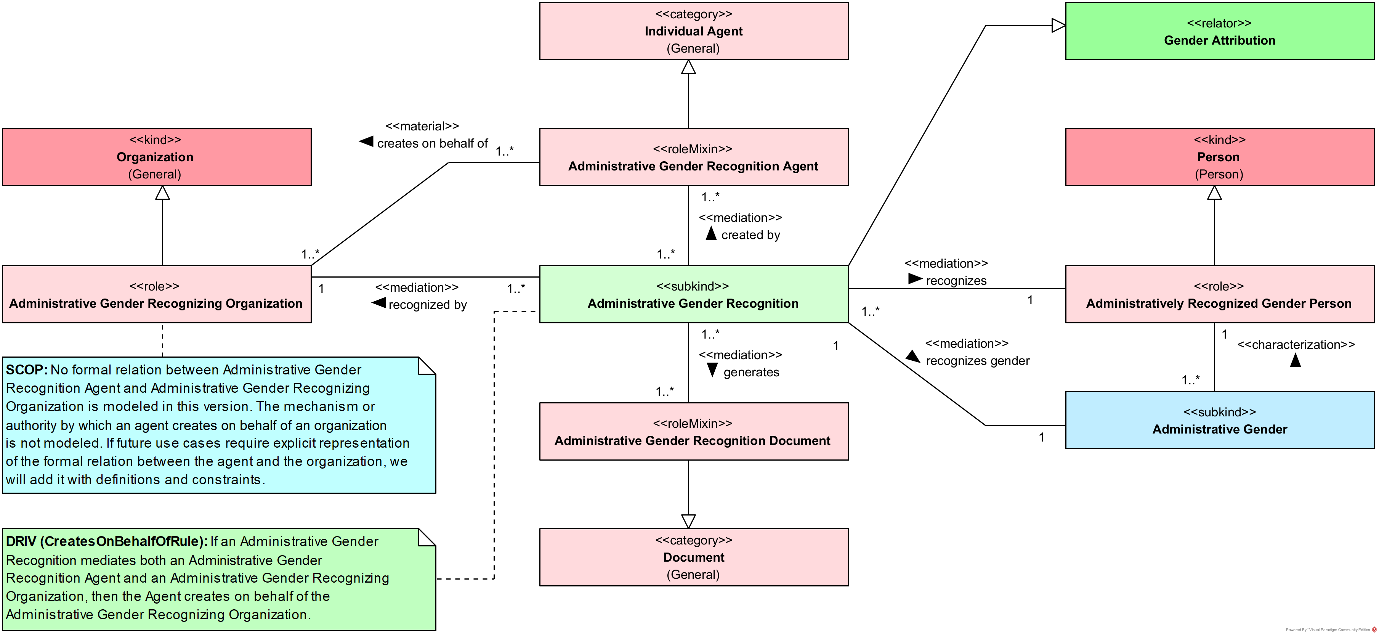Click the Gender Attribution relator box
click(x=1219, y=31)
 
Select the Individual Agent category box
click(x=694, y=31)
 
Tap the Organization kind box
click(x=156, y=157)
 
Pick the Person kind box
click(x=1219, y=157)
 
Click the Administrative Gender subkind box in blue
click(x=1219, y=420)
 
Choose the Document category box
click(x=694, y=557)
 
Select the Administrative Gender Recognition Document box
click(x=694, y=432)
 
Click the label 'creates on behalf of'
click(x=433, y=143)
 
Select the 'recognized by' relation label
click(x=427, y=305)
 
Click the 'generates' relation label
click(x=751, y=372)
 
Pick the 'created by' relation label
click(x=750, y=235)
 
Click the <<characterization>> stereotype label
click(x=1296, y=345)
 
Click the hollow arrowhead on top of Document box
click(x=688, y=521)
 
